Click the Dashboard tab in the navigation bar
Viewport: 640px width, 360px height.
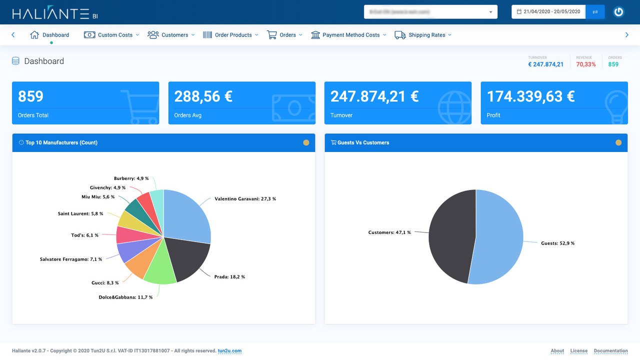coord(50,35)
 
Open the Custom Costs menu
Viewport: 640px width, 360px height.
coord(111,35)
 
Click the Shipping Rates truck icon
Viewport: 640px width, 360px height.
coord(400,35)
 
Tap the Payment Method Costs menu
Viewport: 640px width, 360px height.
coord(349,35)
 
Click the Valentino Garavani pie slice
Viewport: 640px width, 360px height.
coord(187,215)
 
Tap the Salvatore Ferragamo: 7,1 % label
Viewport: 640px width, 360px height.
coord(71,259)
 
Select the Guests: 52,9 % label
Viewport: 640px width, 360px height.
coord(557,243)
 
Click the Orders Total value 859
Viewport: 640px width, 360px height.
coord(31,96)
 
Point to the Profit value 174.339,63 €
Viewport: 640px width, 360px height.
coord(530,96)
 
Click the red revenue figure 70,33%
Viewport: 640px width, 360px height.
coord(585,64)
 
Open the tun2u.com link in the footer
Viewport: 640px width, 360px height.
coord(229,351)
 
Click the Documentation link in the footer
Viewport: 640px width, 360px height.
coord(610,351)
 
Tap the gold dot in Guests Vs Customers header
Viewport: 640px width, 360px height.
coord(618,142)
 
